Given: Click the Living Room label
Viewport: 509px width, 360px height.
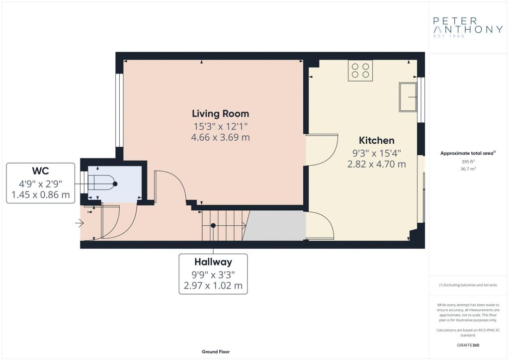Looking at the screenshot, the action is pyautogui.click(x=220, y=113).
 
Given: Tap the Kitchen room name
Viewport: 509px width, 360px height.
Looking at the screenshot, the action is pyautogui.click(x=377, y=141).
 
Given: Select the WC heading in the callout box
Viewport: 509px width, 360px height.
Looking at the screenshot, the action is pyautogui.click(x=41, y=171).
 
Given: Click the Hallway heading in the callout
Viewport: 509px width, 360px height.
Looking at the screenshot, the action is pyautogui.click(x=213, y=262).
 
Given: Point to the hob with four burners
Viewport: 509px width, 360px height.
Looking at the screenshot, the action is pyautogui.click(x=360, y=71).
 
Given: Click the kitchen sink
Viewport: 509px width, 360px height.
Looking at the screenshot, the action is pyautogui.click(x=408, y=97).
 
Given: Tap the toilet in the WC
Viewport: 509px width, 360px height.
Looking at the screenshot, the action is pyautogui.click(x=101, y=184).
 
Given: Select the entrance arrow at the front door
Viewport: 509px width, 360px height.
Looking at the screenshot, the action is pyautogui.click(x=80, y=223).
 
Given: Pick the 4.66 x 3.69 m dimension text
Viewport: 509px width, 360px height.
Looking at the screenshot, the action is pyautogui.click(x=220, y=137).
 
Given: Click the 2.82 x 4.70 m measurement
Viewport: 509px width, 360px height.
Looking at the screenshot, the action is pyautogui.click(x=377, y=164).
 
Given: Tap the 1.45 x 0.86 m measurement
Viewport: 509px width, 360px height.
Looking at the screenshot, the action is pyautogui.click(x=41, y=195).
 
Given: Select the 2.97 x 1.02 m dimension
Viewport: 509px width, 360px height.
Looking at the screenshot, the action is pyautogui.click(x=213, y=285).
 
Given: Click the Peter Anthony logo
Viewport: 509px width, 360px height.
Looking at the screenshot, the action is pyautogui.click(x=468, y=27).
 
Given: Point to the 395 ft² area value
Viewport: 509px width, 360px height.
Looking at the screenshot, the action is pyautogui.click(x=468, y=161).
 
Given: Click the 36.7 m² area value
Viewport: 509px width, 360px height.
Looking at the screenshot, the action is pyautogui.click(x=468, y=169).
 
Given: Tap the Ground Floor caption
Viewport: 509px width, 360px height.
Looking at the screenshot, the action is pyautogui.click(x=216, y=352).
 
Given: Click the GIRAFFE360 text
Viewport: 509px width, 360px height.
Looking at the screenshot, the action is pyautogui.click(x=468, y=345).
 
